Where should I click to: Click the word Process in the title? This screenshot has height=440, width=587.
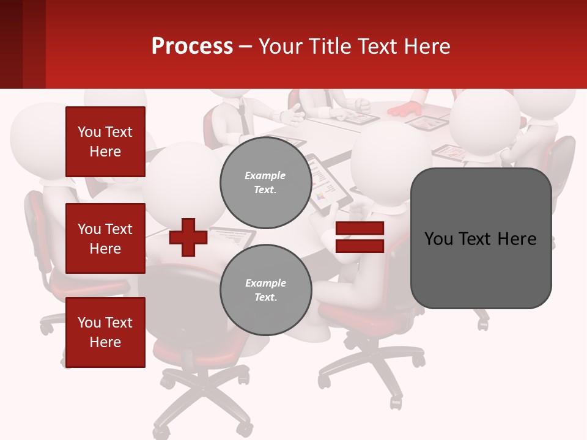(x=192, y=46)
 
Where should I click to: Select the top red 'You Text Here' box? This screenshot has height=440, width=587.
(x=105, y=142)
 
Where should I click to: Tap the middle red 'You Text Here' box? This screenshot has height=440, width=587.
(x=105, y=238)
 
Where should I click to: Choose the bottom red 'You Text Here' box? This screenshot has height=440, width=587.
(x=105, y=332)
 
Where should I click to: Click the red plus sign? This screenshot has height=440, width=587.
(x=188, y=237)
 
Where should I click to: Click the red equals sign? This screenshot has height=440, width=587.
(x=360, y=237)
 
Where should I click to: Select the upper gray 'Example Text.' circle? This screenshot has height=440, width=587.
(x=265, y=183)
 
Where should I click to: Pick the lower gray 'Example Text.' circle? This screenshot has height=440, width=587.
(x=265, y=290)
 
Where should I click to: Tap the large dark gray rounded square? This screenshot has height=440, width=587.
(x=481, y=238)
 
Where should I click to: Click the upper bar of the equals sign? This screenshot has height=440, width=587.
(x=360, y=229)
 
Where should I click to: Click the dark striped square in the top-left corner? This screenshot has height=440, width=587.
(x=23, y=44)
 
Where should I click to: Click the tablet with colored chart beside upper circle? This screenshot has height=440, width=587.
(x=327, y=183)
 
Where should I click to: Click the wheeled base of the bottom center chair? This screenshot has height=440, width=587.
(x=202, y=397)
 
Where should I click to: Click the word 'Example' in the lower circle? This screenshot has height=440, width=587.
(x=265, y=283)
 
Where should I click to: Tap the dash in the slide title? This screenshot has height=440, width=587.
(x=246, y=46)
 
